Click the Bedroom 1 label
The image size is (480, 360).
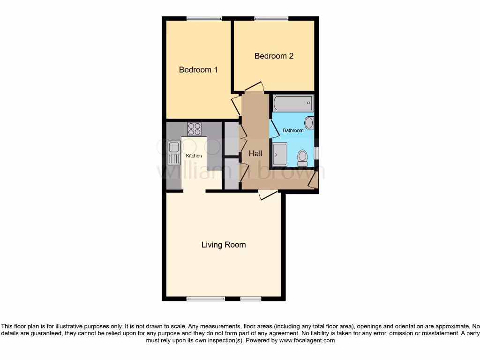pyautogui.click(x=198, y=70)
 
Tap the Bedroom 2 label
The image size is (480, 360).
pyautogui.click(x=274, y=56)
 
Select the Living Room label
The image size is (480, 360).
pyautogui.click(x=224, y=245)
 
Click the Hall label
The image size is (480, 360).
pyautogui.click(x=255, y=153)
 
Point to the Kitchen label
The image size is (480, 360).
pyautogui.click(x=194, y=156)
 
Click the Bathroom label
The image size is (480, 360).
pyautogui.click(x=293, y=130)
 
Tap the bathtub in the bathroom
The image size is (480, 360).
pyautogui.click(x=293, y=103)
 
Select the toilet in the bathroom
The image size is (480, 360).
pyautogui.click(x=302, y=157)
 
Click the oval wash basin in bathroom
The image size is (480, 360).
pyautogui.click(x=309, y=123)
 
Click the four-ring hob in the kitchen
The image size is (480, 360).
pyautogui.click(x=194, y=129)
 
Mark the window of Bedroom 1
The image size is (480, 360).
pyautogui.click(x=204, y=19)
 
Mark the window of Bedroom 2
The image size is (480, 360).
pyautogui.click(x=271, y=19)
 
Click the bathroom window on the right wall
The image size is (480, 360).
pyautogui.click(x=316, y=153)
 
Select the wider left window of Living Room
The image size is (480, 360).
pyautogui.click(x=205, y=299)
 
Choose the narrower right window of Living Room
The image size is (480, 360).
pyautogui.click(x=251, y=299)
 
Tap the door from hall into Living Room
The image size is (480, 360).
pyautogui.click(x=268, y=194)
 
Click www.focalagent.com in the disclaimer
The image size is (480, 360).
pyautogui.click(x=307, y=341)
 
